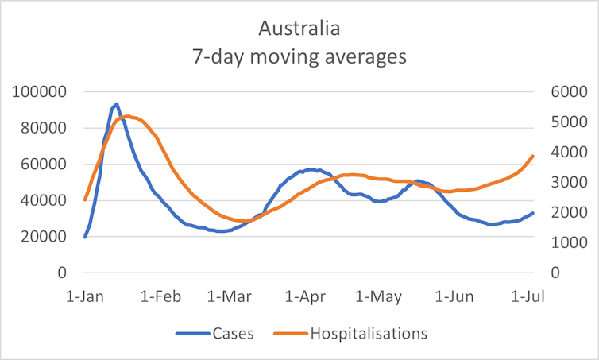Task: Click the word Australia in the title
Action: (x=299, y=29)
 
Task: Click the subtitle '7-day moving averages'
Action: (x=299, y=57)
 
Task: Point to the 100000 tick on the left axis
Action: (x=40, y=92)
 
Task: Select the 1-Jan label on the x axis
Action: (x=85, y=297)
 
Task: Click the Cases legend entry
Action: (x=233, y=334)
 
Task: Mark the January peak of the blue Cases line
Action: (x=117, y=103)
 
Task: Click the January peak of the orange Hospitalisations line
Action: (x=127, y=116)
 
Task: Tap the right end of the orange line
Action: (x=532, y=156)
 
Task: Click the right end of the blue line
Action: (x=532, y=213)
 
